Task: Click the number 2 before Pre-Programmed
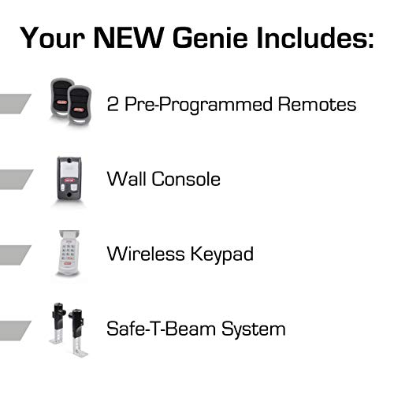coord(112,104)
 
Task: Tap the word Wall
coord(125,179)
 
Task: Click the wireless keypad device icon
coord(69,253)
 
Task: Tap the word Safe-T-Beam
coord(157,329)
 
